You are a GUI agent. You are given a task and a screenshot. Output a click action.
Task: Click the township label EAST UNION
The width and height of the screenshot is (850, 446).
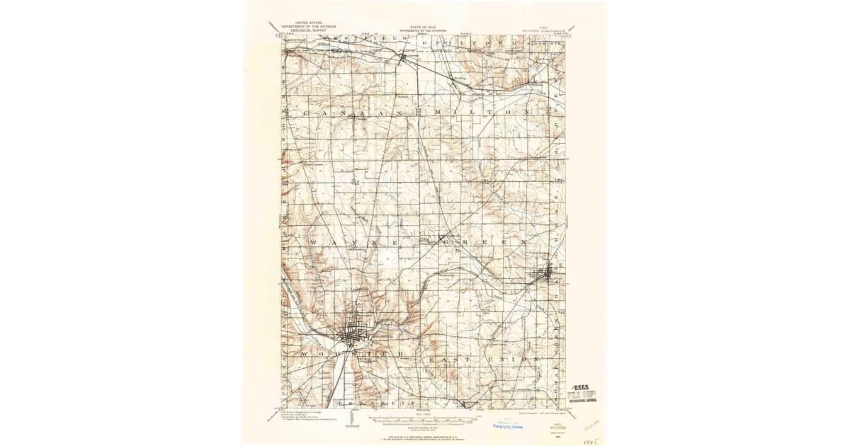pyautogui.click(x=482, y=360)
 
